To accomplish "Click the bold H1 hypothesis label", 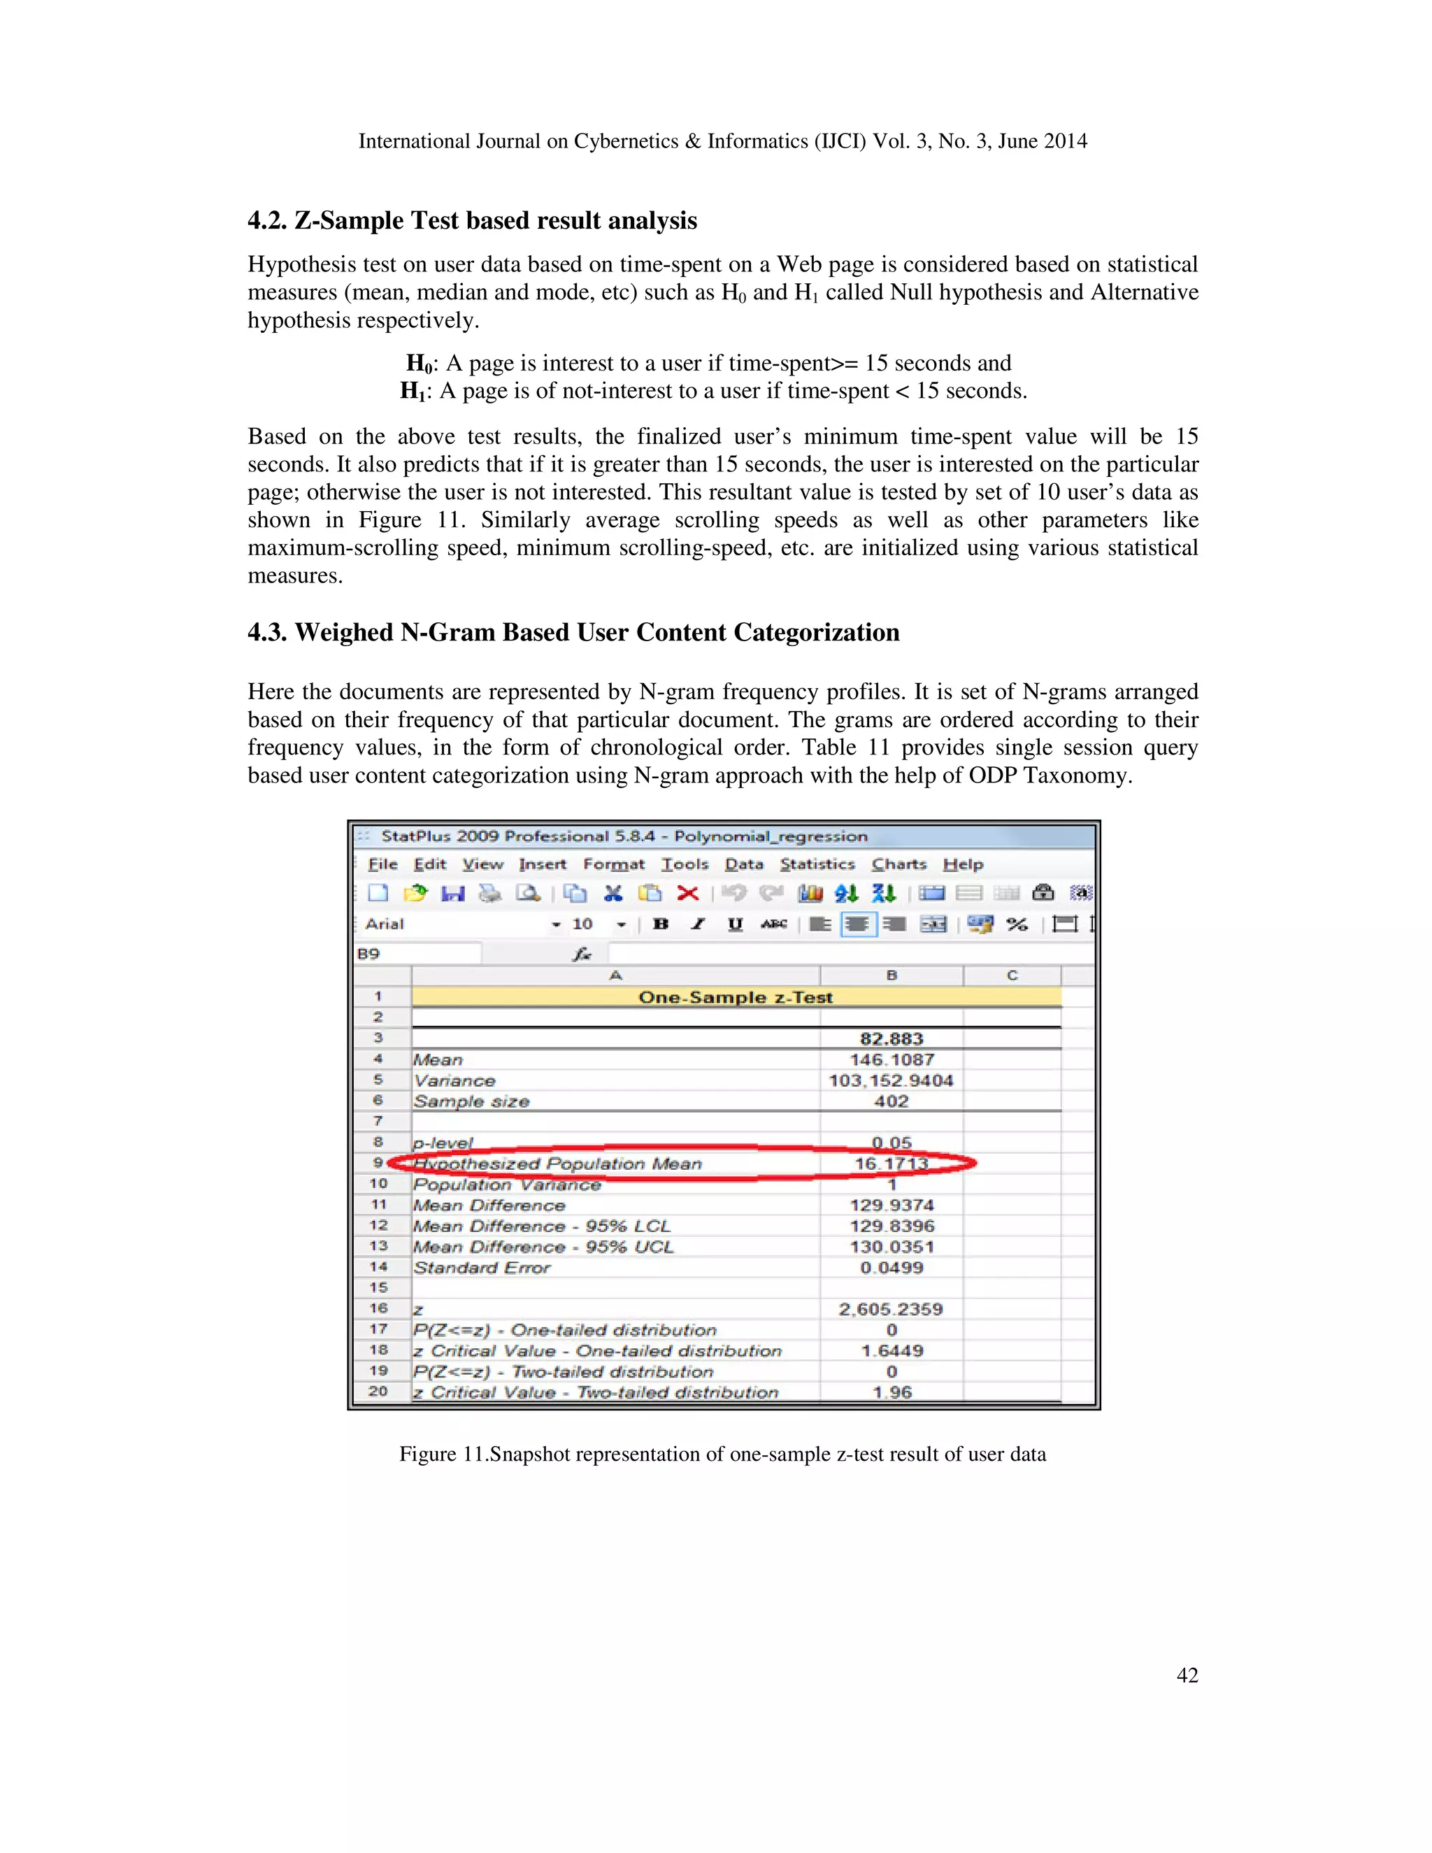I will tap(414, 392).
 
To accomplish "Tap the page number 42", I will tap(1187, 1675).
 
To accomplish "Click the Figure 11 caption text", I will tap(722, 1454).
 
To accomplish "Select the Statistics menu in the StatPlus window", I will tap(817, 864).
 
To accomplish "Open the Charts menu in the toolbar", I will tap(898, 864).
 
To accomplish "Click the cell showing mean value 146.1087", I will tap(892, 1059).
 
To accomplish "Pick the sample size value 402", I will tap(891, 1101).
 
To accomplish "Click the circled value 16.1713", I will tap(891, 1164).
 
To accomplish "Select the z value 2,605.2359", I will tap(891, 1309).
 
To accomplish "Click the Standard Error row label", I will tap(482, 1268).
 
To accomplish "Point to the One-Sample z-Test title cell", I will tap(736, 998).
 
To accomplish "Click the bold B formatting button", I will tap(661, 924).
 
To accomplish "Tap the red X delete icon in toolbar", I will tap(688, 894).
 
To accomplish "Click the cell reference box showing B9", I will tap(416, 954).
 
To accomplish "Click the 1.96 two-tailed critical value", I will tap(892, 1392).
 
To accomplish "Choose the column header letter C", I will tap(1012, 975).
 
